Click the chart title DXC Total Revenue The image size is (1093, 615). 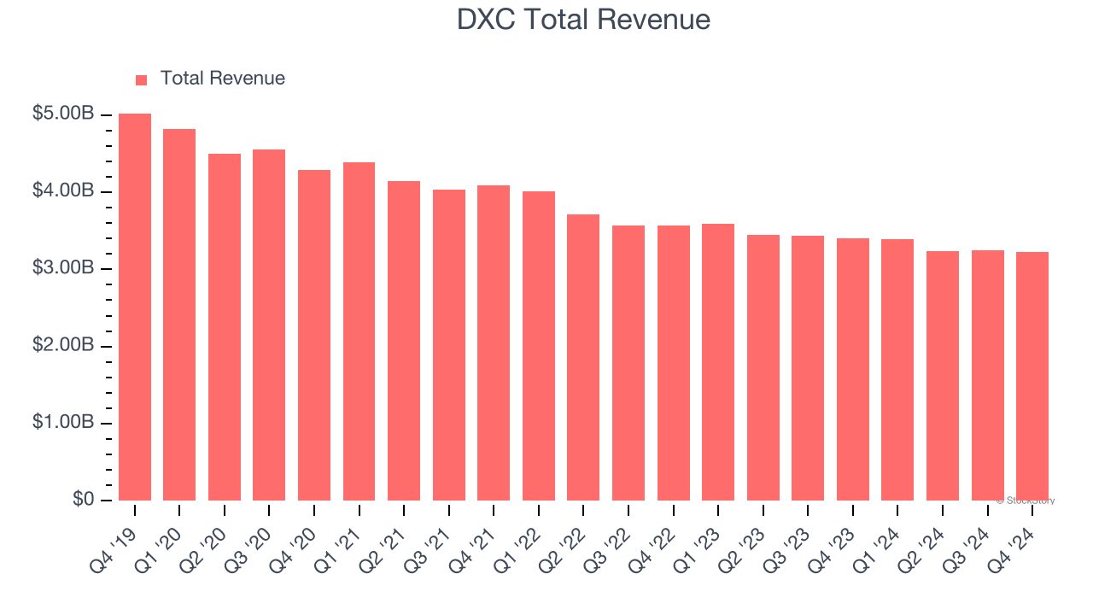point(583,20)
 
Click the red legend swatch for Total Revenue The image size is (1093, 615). point(142,79)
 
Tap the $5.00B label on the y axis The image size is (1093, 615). point(63,114)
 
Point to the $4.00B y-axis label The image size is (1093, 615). point(63,190)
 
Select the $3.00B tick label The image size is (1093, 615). point(63,268)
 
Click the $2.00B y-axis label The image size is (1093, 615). point(63,345)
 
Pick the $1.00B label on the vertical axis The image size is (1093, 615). point(63,423)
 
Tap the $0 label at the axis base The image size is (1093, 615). point(83,499)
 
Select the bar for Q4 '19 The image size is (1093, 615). point(135,307)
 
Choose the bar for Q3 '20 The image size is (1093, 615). point(269,325)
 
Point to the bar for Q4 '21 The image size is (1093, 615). point(494,343)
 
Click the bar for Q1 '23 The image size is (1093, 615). point(718,362)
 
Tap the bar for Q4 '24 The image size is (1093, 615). point(1032,376)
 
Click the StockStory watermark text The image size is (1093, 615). point(1026,501)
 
